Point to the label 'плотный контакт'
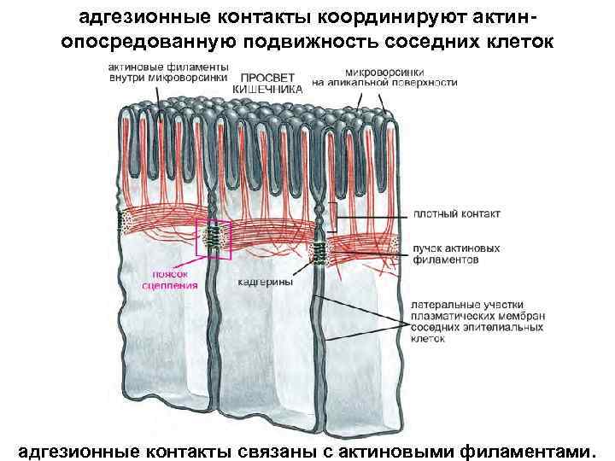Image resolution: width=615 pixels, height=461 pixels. pyautogui.click(x=456, y=213)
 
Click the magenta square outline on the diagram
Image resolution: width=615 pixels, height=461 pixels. pyautogui.click(x=214, y=236)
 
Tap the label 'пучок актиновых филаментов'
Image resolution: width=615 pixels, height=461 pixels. pyautogui.click(x=456, y=254)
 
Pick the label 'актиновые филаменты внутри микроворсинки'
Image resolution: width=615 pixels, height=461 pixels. pyautogui.click(x=168, y=73)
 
